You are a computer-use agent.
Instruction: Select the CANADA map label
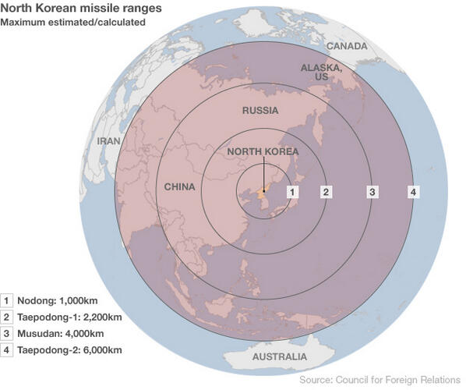coord(347,46)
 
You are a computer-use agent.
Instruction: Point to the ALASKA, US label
coord(321,73)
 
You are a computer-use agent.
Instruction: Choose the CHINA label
coord(180,187)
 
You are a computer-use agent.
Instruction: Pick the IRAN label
coord(108,142)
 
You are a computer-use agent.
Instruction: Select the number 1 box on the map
coord(292,192)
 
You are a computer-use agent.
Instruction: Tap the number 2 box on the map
coord(327,192)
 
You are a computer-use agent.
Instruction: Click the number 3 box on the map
coord(372,192)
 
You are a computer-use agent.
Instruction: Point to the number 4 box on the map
coord(413,192)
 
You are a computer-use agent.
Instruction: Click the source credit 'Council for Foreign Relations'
coord(397,380)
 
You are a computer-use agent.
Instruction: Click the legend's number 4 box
coord(7,350)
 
